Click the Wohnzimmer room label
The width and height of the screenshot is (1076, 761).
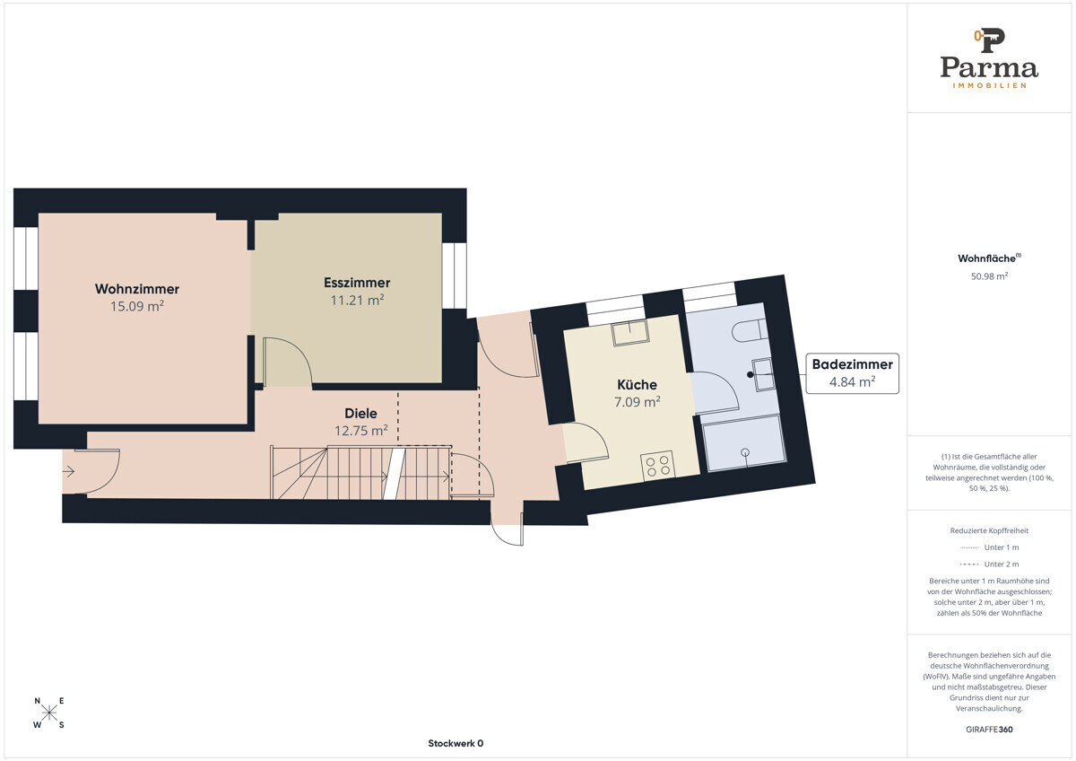point(137,289)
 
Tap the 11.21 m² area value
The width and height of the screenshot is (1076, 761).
point(357,300)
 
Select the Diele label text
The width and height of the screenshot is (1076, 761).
point(360,413)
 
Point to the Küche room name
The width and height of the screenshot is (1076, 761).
point(637,384)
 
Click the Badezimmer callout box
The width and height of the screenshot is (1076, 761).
point(852,373)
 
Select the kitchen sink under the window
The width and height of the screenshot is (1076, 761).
point(630,333)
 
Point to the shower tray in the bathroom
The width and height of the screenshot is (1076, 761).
point(744,443)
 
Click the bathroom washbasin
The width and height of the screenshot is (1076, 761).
point(763,374)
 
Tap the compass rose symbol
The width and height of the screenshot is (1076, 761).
point(49,713)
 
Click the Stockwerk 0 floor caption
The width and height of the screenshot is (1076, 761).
point(456,743)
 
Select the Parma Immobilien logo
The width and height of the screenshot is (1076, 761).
point(989,58)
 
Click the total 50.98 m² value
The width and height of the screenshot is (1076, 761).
point(989,276)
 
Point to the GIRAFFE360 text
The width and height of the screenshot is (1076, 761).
point(989,730)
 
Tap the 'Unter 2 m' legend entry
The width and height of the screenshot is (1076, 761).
point(989,564)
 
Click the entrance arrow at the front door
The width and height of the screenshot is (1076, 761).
point(69,472)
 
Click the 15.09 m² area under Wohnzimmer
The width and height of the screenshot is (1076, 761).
point(137,306)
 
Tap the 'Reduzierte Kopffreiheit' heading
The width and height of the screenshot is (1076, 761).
point(989,530)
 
